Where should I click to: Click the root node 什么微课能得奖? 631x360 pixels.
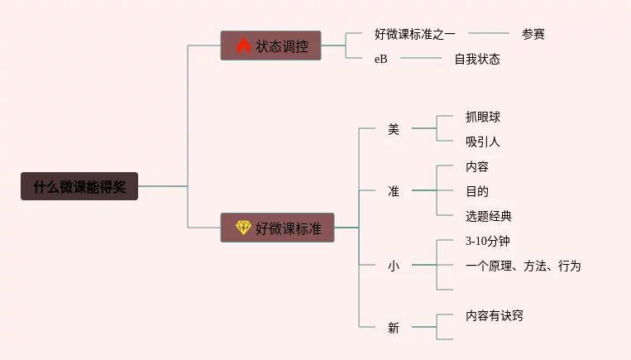click(79, 186)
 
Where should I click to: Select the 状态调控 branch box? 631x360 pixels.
click(270, 46)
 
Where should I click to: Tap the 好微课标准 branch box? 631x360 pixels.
click(277, 228)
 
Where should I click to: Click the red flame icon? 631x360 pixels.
click(243, 46)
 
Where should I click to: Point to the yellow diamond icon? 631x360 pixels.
click(243, 228)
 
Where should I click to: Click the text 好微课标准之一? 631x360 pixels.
click(415, 34)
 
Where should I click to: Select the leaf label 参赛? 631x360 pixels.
click(533, 34)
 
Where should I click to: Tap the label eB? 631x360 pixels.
click(381, 59)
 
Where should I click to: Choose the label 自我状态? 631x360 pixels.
click(477, 59)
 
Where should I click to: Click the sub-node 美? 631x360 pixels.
click(394, 129)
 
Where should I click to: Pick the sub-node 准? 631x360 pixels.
click(394, 191)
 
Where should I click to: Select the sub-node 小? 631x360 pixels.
click(394, 266)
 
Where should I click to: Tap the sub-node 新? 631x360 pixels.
click(394, 328)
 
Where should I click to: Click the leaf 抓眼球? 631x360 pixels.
click(483, 117)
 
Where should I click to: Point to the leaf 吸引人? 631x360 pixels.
click(483, 142)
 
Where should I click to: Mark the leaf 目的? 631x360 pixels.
click(477, 191)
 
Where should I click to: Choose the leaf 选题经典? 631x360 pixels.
click(489, 216)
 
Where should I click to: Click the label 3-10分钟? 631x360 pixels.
click(488, 241)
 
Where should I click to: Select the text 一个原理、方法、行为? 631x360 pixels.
click(523, 266)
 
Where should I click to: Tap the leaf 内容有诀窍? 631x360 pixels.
click(495, 315)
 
